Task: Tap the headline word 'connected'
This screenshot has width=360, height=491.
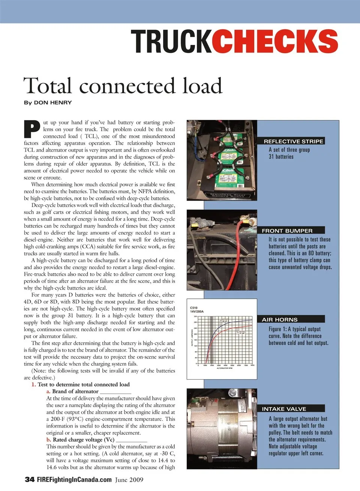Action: (127, 86)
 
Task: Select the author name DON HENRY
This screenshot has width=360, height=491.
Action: (52, 103)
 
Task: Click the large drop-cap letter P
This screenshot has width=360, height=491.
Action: (32, 129)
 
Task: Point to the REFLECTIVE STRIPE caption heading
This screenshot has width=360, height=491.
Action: (293, 141)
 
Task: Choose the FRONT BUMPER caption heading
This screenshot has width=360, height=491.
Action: (287, 231)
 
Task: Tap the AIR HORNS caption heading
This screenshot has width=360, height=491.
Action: (279, 319)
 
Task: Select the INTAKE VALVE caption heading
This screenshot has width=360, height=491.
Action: (284, 409)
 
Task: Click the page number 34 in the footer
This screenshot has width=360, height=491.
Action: (30, 479)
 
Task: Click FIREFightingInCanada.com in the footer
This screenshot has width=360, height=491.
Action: (74, 479)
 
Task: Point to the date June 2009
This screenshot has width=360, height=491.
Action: (129, 480)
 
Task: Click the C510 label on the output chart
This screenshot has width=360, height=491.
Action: (194, 308)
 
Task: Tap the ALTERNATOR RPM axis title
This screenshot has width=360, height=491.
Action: (224, 368)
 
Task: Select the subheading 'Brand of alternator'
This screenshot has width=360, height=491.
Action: (75, 391)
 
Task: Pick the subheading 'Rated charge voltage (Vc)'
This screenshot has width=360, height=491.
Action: (83, 440)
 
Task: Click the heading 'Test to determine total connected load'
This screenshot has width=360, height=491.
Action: (83, 385)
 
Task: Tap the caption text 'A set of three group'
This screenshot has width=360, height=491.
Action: (289, 150)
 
